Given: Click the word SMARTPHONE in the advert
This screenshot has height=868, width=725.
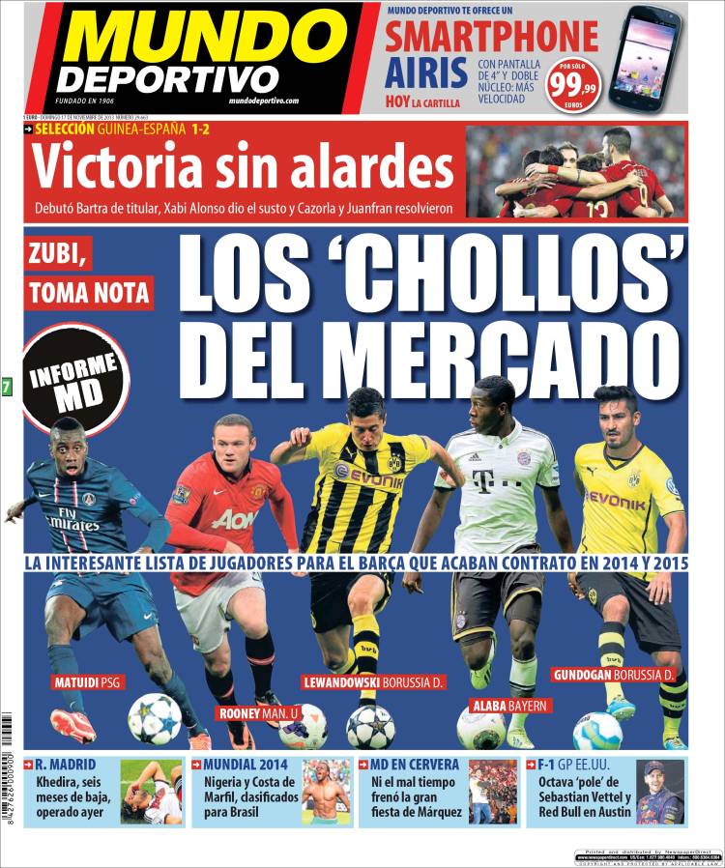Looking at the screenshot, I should (x=492, y=38).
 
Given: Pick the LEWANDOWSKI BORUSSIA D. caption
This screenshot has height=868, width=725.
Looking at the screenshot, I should (x=372, y=681).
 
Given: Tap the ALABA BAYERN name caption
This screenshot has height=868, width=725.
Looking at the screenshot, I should (x=509, y=706).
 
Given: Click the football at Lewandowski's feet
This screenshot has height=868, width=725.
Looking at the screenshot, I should (x=370, y=726).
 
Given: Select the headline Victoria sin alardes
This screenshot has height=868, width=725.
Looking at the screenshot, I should (x=243, y=168).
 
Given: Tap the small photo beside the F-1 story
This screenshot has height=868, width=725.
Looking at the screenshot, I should (x=661, y=793).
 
